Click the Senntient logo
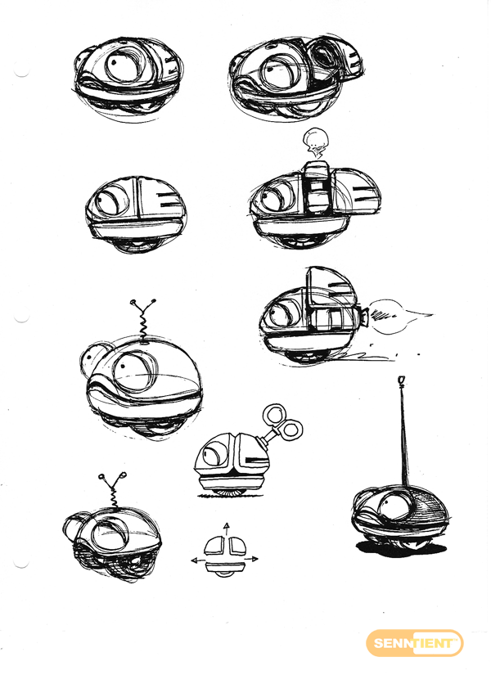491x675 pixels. (414, 643)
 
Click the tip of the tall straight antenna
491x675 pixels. (402, 380)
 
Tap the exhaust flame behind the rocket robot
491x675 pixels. (399, 317)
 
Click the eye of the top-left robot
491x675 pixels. (124, 65)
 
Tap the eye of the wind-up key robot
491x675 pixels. (214, 454)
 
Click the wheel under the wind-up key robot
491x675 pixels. (229, 492)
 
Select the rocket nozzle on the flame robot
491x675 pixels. (364, 317)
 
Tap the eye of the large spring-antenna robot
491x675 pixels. (134, 370)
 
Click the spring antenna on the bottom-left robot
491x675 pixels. (113, 490)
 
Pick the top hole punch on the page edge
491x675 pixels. (20, 71)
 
